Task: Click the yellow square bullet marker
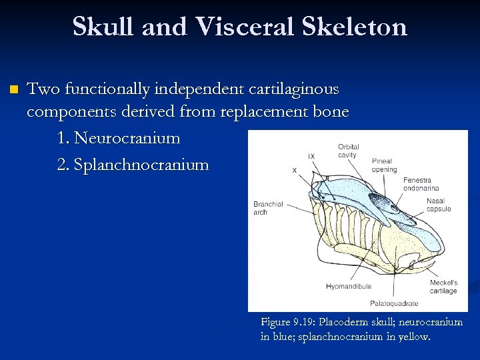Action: pos(12,89)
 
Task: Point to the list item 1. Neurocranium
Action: pos(119,138)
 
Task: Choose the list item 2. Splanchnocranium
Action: pos(133,165)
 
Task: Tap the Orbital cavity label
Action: pos(348,151)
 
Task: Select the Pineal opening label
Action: pos(384,165)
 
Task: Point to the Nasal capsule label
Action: pos(438,205)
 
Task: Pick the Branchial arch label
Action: pos(268,208)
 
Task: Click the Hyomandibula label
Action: pos(349,286)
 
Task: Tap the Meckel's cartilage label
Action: pos(443,287)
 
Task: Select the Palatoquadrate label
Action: pos(394,303)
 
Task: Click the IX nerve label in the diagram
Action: pos(311,157)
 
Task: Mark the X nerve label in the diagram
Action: pos(295,170)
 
